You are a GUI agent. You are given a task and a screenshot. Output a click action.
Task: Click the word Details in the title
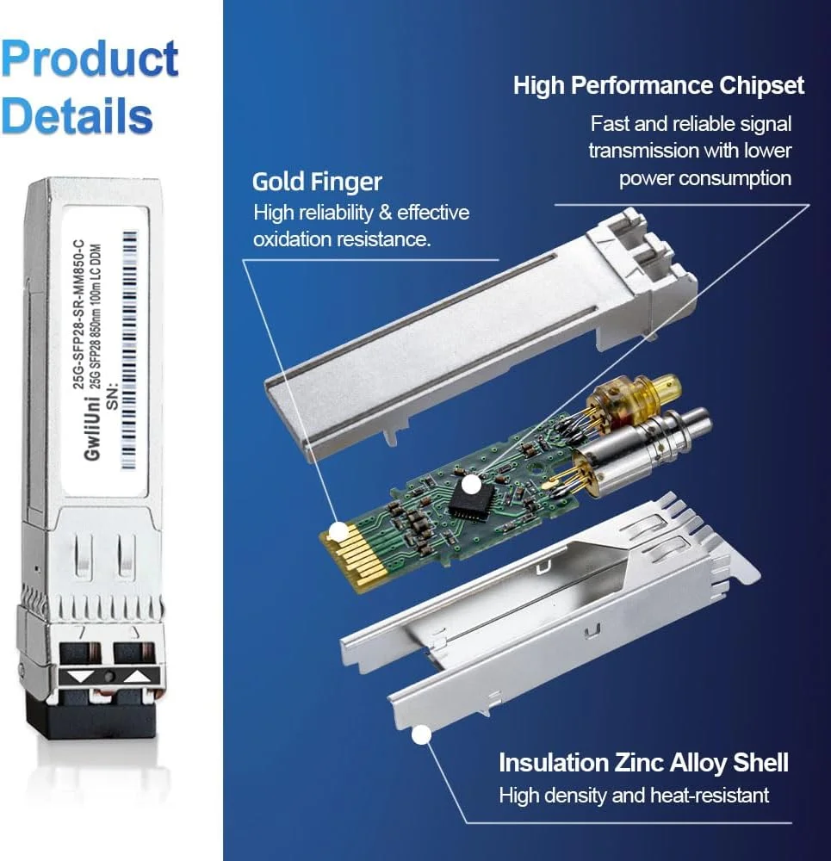78,115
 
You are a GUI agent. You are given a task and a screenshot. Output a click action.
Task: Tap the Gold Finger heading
317,182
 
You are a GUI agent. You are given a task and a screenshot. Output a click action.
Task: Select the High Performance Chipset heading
659,85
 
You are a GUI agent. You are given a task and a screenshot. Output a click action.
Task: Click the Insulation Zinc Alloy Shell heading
643,762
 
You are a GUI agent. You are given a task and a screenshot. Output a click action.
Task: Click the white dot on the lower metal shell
421,735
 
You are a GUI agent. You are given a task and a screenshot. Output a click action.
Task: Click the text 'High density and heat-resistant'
634,795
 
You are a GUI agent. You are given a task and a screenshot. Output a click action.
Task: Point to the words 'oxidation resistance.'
341,239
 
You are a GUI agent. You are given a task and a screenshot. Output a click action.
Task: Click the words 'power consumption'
704,178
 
